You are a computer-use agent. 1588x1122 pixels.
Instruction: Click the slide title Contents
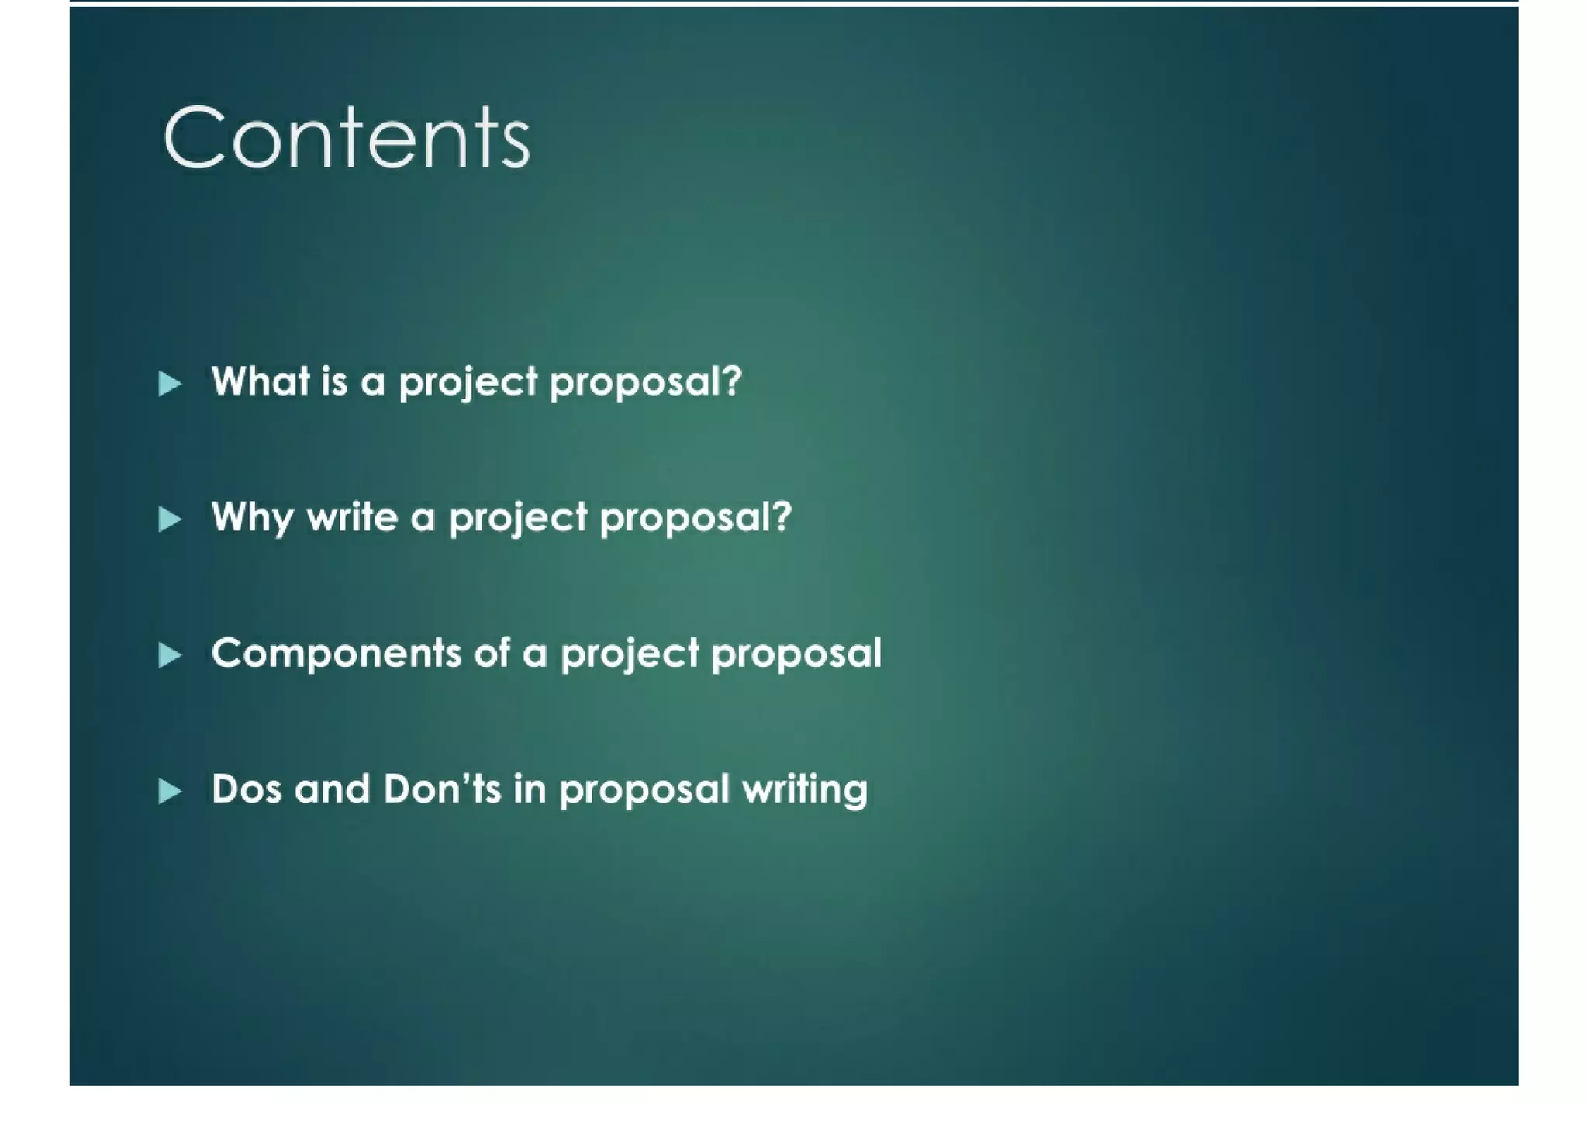[x=346, y=137]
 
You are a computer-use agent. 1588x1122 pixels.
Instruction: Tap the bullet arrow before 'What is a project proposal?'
[x=170, y=383]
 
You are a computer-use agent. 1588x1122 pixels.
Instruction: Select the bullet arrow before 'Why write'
[x=170, y=519]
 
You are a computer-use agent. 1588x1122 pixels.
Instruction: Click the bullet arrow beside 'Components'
[x=170, y=655]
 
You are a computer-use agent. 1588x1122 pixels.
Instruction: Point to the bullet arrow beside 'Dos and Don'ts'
[x=170, y=791]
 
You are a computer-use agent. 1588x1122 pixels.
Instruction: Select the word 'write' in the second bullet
[x=352, y=517]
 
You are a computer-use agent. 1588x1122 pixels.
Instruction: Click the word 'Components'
[x=336, y=654]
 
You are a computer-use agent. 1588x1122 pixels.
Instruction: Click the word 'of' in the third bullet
[x=492, y=654]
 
